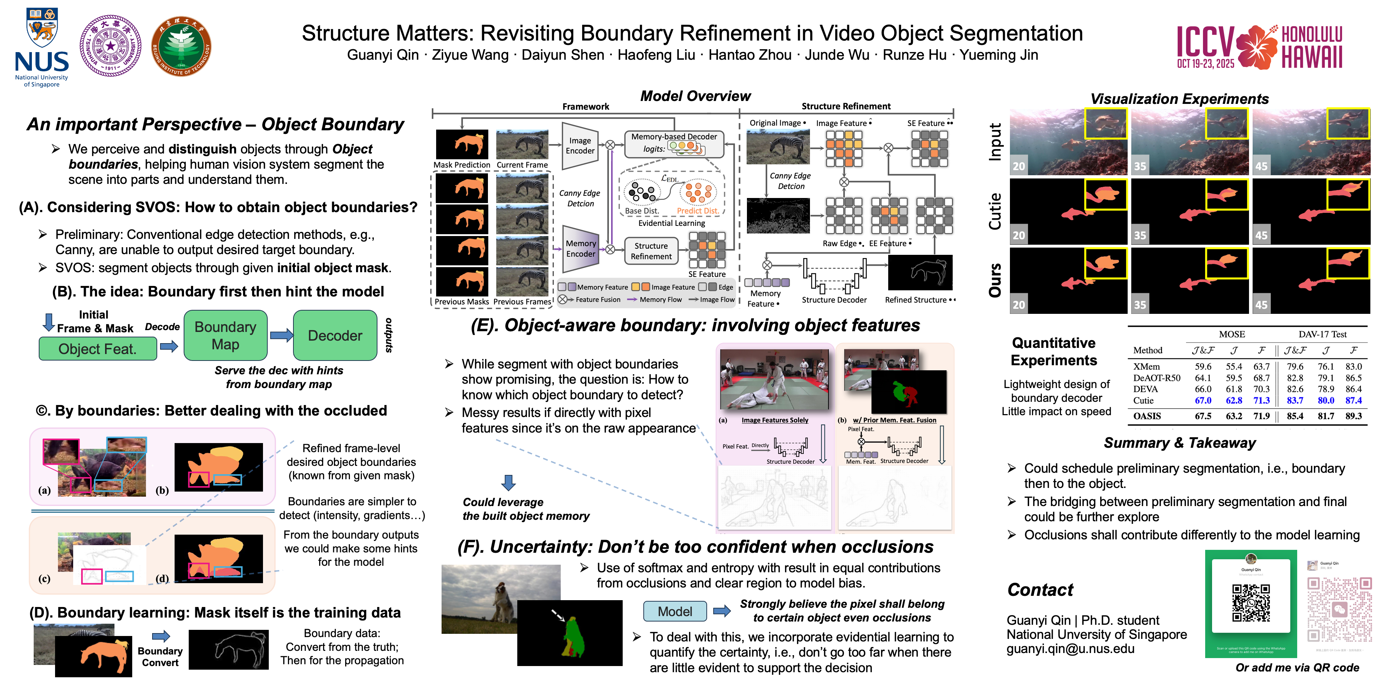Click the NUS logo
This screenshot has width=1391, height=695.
coord(42,47)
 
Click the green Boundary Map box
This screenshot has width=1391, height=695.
coord(225,335)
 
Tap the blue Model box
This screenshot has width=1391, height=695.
coord(674,611)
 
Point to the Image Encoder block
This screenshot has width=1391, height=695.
coord(580,146)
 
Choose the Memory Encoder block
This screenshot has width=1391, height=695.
coord(580,248)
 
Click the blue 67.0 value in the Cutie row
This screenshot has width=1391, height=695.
coord(1203,400)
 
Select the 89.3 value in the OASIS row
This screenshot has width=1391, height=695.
coord(1353,416)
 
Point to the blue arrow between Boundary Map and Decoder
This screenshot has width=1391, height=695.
coord(281,336)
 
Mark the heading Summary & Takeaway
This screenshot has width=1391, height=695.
coord(1179,443)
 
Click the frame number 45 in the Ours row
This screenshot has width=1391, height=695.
coord(1261,305)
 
